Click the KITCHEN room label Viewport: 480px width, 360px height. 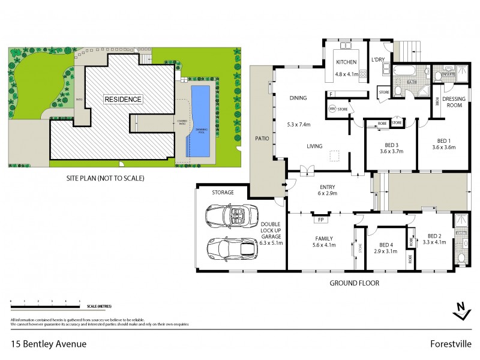(346, 62)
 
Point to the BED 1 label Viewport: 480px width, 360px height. (445, 143)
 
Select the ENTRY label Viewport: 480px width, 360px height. (328, 187)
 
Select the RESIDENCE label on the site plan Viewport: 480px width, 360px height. (123, 99)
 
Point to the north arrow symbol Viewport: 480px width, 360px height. (460, 310)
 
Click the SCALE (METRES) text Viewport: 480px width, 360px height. (98, 306)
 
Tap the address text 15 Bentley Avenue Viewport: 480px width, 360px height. (49, 344)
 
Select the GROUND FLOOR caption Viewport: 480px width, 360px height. (355, 283)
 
